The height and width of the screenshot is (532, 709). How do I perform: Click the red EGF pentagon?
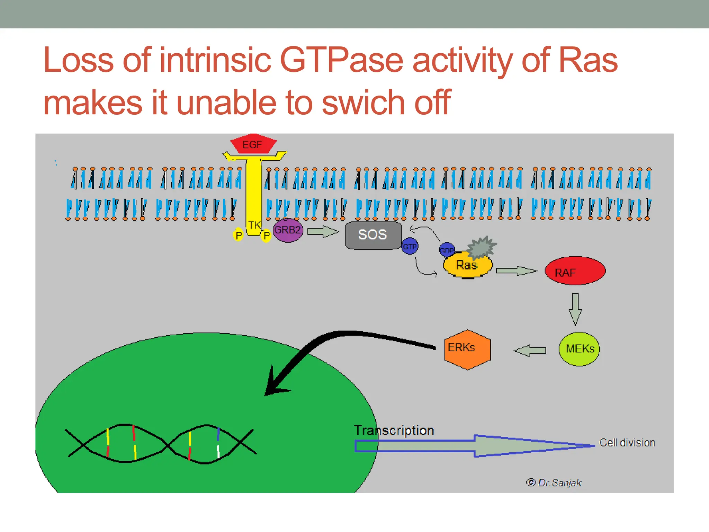253,144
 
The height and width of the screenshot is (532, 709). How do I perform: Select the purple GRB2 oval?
288,230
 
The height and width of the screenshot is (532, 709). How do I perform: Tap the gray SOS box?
373,235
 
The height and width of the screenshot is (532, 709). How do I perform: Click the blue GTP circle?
410,246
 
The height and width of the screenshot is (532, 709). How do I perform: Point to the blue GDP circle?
446,249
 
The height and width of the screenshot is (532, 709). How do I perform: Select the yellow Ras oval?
467,266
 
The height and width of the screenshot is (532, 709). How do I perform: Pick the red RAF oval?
575,271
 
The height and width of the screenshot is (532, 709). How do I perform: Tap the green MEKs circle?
579,349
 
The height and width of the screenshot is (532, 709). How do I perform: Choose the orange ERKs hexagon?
467,349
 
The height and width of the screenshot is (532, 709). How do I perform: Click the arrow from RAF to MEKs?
575,309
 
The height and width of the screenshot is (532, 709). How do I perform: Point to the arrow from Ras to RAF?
516,271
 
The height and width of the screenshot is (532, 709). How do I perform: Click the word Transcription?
394,431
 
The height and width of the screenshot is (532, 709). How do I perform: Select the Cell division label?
627,443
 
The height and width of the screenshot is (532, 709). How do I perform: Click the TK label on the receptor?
254,225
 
